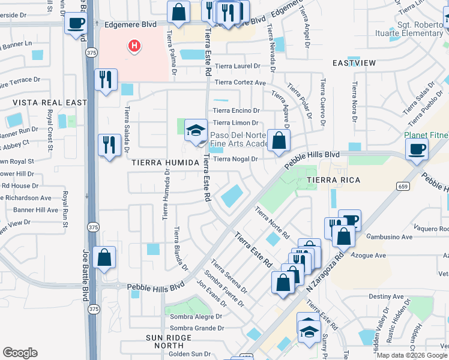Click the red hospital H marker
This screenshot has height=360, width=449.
[134, 46]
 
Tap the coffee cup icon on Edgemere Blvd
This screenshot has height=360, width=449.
[76, 24]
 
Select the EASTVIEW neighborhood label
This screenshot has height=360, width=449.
[354, 63]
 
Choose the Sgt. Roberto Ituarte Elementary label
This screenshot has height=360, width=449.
[420, 29]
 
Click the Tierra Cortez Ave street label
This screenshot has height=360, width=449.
[240, 83]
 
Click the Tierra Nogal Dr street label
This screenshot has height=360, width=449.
[235, 159]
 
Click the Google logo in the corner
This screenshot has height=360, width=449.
[20, 352]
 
